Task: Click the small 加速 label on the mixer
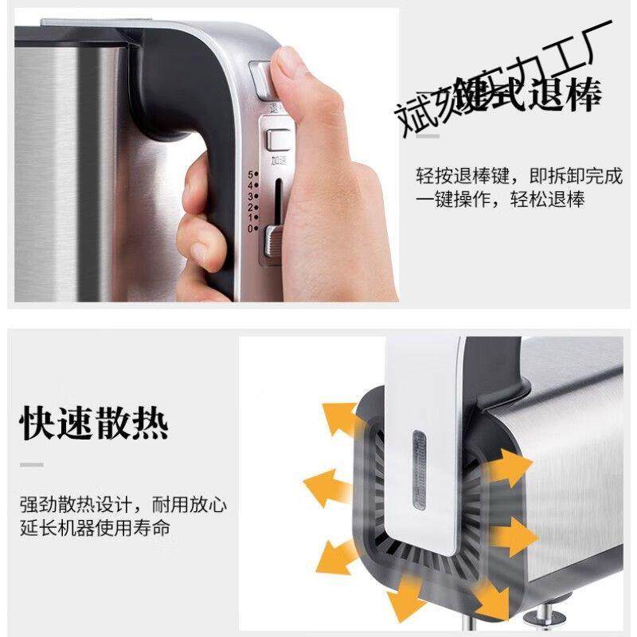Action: (278, 160)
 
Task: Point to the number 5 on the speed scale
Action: (251, 174)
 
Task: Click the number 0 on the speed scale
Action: (251, 229)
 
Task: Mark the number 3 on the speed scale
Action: (251, 196)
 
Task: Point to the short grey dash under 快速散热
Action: (32, 464)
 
